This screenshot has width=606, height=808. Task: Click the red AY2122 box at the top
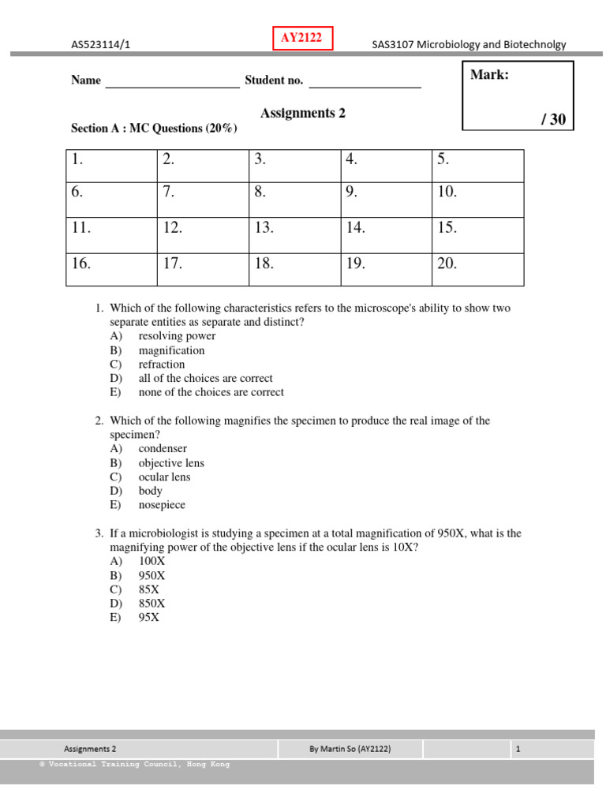[303, 38]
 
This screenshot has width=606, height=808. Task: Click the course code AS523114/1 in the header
[100, 45]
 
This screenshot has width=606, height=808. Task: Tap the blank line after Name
[172, 82]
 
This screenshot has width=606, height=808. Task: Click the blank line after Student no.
[365, 82]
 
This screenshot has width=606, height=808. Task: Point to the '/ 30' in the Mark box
[553, 119]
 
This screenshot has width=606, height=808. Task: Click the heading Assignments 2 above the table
[303, 113]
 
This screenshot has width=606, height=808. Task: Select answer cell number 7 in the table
[203, 200]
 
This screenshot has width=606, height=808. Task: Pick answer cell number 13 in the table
[294, 235]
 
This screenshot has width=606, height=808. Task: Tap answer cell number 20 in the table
[477, 270]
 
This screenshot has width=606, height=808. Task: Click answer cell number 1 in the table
[111, 166]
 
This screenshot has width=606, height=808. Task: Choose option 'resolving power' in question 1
[177, 336]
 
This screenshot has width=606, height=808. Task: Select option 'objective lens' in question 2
[171, 463]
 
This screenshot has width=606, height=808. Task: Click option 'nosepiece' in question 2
[162, 505]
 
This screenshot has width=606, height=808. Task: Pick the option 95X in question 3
[149, 618]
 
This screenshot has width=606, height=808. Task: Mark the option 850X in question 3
[152, 604]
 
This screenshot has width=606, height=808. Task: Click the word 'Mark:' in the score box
[489, 75]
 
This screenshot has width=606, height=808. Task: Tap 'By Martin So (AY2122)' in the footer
[350, 749]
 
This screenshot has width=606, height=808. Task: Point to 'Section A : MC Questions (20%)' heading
[154, 129]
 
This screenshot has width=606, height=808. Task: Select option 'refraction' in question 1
[162, 365]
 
